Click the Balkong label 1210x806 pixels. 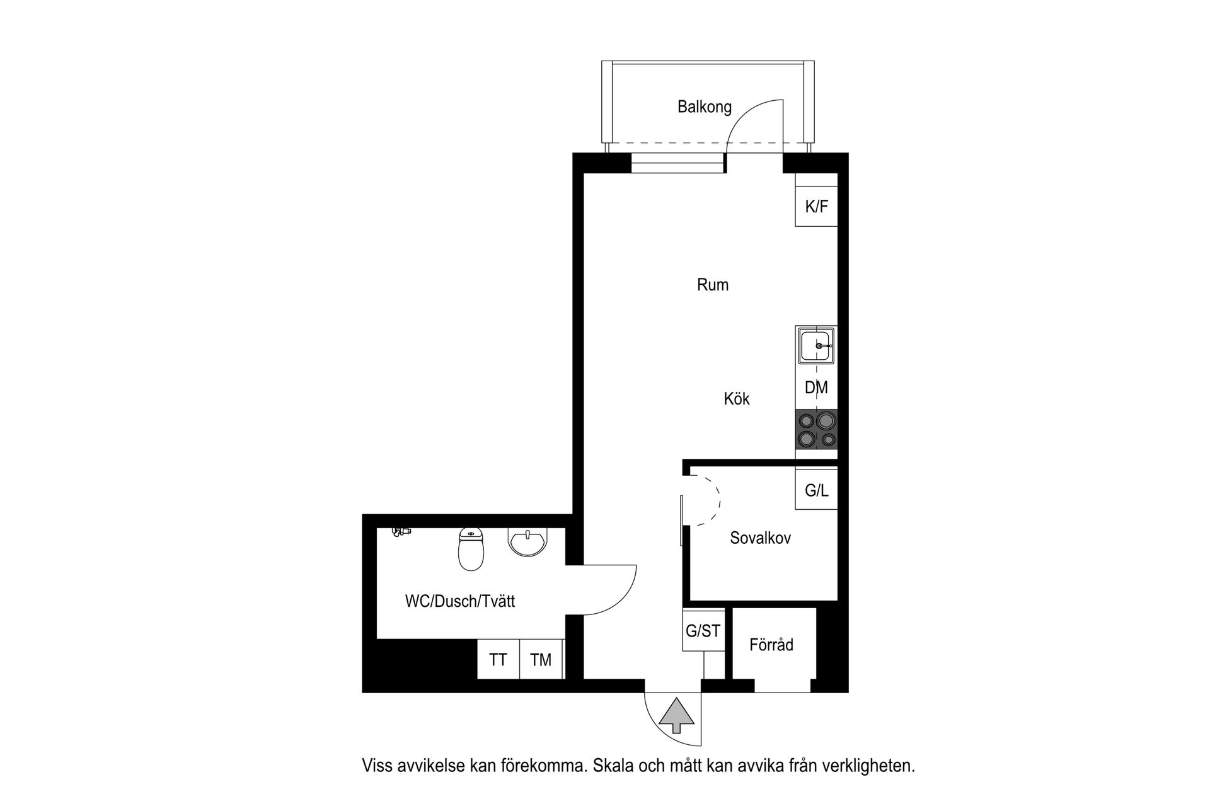tap(704, 107)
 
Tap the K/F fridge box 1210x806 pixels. tap(816, 206)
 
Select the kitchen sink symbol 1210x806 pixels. tap(817, 345)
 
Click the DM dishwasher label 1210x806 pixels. tap(816, 388)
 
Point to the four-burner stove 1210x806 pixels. tap(817, 429)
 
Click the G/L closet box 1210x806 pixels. tap(816, 490)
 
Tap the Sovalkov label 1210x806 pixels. tap(760, 538)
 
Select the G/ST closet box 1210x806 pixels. tap(703, 630)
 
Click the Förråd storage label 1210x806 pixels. tap(771, 645)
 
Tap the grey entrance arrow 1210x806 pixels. tap(677, 715)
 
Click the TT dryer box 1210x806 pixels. tap(498, 660)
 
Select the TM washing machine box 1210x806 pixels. tap(541, 660)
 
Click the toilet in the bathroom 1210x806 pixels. tap(471, 550)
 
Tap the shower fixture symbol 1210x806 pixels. tap(400, 533)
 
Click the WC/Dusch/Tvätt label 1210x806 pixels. tap(459, 602)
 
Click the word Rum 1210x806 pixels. tap(712, 285)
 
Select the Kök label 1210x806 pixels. tap(736, 399)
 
